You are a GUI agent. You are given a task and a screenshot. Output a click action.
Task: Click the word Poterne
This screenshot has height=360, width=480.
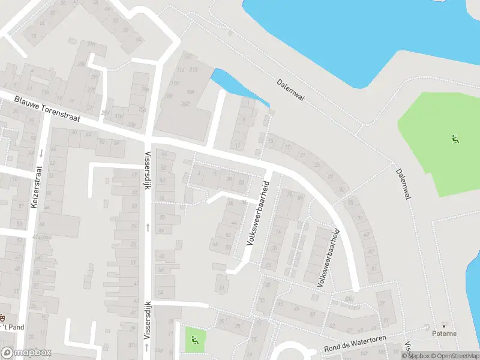point(445,334)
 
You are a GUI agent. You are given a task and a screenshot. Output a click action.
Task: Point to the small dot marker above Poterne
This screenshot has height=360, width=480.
point(444,325)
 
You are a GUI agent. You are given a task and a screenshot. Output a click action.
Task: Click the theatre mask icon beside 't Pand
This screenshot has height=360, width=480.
point(2,317)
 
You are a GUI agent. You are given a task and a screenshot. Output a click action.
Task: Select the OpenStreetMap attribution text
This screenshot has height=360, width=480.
point(456,356)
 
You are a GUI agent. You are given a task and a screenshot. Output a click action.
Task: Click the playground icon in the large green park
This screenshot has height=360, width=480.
point(455,140)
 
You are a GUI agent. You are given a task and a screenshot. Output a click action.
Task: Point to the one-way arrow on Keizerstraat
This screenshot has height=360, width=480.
point(41,154)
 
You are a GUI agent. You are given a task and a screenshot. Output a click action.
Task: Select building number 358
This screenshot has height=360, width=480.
point(190,92)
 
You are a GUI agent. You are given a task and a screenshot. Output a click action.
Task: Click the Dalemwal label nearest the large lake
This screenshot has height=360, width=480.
point(291,90)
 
